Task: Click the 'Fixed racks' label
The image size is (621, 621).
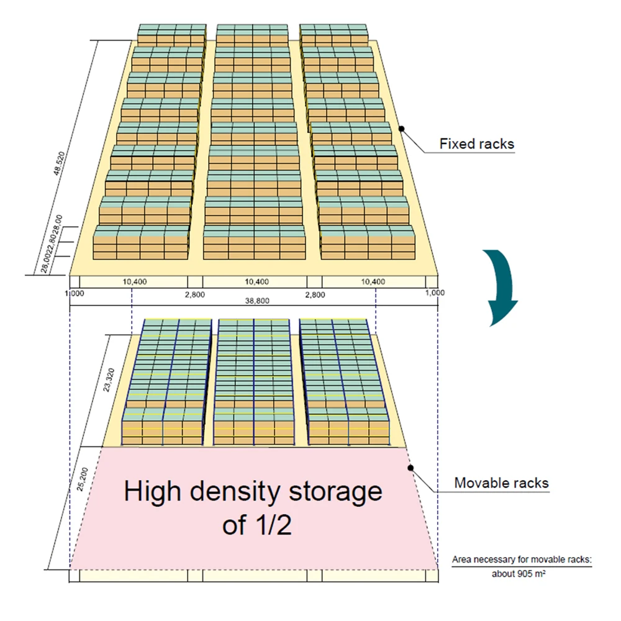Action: [477, 143]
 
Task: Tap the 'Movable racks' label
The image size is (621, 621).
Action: [501, 483]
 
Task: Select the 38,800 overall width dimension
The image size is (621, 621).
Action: [257, 300]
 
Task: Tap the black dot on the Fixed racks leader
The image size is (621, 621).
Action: [402, 129]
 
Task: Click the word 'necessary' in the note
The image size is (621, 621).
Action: [494, 560]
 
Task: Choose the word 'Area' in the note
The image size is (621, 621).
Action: [461, 560]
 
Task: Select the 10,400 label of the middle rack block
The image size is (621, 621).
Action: [256, 281]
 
